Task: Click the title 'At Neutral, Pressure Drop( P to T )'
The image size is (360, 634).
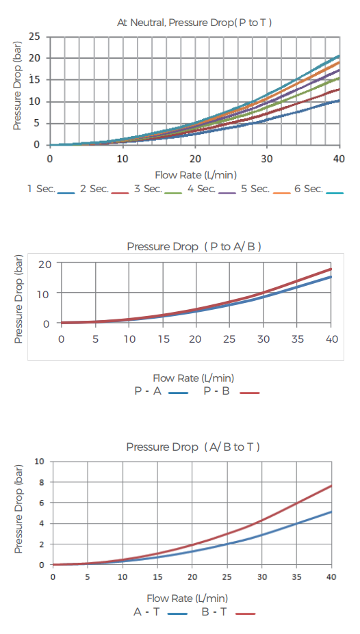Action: pyautogui.click(x=194, y=23)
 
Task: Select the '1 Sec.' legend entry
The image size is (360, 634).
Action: pyautogui.click(x=51, y=189)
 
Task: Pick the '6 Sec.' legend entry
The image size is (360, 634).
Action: pyautogui.click(x=319, y=189)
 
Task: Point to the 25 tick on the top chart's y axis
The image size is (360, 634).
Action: pyautogui.click(x=34, y=37)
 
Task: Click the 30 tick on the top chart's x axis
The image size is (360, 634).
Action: pyautogui.click(x=267, y=159)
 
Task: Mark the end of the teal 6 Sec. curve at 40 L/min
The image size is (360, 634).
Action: pyautogui.click(x=339, y=55)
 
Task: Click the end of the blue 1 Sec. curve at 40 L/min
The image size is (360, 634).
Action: pyautogui.click(x=339, y=101)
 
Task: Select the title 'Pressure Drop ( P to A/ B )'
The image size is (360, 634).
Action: pyautogui.click(x=194, y=247)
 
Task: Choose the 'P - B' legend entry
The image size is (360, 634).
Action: pyautogui.click(x=231, y=391)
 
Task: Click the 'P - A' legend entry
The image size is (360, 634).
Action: pyautogui.click(x=162, y=391)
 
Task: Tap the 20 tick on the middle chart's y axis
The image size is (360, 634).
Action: pyautogui.click(x=44, y=265)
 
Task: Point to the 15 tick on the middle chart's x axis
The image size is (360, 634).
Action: pyautogui.click(x=163, y=339)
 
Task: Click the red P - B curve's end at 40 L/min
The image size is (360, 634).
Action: pyautogui.click(x=331, y=269)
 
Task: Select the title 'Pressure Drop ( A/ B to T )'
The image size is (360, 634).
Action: pyautogui.click(x=193, y=447)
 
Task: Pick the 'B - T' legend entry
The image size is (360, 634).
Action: pyautogui.click(x=229, y=612)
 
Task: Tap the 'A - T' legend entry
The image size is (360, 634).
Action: pyautogui.click(x=161, y=612)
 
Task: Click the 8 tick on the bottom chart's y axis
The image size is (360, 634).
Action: pyautogui.click(x=42, y=482)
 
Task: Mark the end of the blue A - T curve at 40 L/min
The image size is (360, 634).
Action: pyautogui.click(x=331, y=512)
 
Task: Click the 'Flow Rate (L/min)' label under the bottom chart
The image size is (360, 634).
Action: pyautogui.click(x=188, y=598)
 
